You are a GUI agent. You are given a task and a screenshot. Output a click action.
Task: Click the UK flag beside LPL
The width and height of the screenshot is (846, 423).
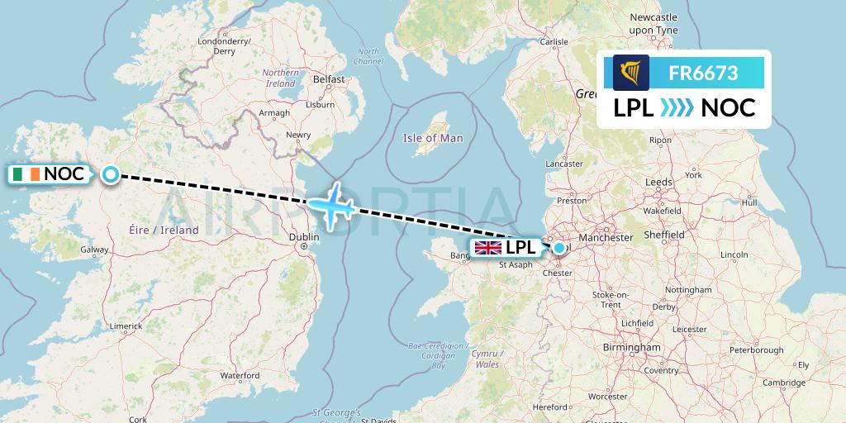click(487, 248)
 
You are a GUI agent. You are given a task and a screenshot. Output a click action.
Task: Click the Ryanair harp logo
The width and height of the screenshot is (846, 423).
click(631, 73)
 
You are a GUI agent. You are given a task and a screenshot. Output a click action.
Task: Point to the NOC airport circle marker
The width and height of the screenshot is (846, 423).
click(111, 174)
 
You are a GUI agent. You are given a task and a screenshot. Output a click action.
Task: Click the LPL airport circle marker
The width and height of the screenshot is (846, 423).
click(559, 248)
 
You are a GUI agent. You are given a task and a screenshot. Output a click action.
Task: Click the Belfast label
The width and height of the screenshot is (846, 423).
click(329, 79)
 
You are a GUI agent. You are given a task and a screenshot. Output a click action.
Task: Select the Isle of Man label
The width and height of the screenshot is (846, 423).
click(433, 138)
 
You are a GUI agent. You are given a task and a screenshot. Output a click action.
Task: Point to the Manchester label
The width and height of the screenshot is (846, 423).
click(606, 237)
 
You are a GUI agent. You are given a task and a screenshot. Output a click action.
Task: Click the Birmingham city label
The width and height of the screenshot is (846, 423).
click(631, 348)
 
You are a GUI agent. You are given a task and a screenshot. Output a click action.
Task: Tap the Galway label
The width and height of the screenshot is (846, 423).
click(94, 249)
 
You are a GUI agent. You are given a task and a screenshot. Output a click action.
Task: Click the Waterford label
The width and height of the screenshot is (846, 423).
click(240, 375)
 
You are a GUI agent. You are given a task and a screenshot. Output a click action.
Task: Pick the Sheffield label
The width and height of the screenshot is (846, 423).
click(664, 235)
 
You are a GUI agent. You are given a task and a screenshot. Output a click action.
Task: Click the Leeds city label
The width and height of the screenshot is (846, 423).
click(658, 181)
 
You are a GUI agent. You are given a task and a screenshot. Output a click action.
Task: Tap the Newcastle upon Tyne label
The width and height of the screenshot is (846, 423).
click(653, 23)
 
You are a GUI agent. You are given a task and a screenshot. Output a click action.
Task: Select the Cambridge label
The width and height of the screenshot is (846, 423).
click(784, 383)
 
